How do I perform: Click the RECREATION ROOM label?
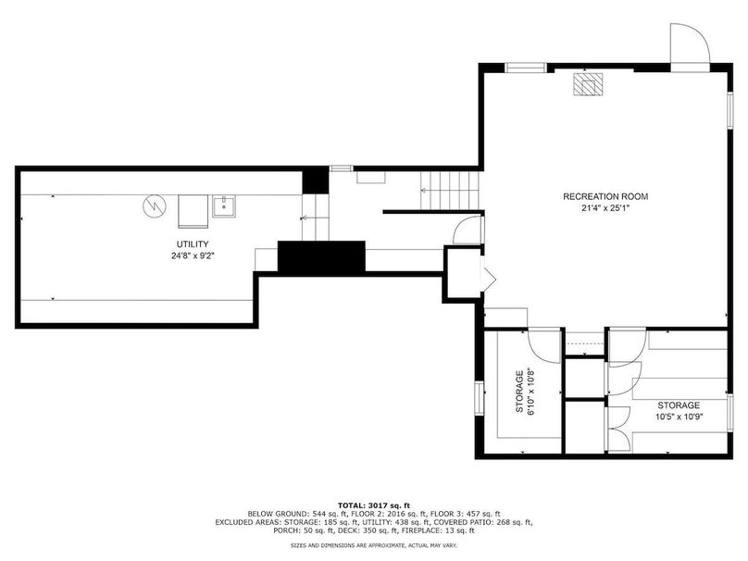coord(605,196)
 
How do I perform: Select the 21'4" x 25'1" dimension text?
coord(605,207)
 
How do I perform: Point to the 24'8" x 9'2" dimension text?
coord(193,256)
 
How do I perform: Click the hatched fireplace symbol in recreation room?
coord(588,85)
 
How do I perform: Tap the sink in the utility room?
coord(224,206)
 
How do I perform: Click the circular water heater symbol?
coord(155,206)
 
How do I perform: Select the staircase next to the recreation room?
coord(449,191)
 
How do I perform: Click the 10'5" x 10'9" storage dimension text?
coord(679,417)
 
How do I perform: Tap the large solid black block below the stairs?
coord(321,256)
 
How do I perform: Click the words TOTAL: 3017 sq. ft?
coord(374,505)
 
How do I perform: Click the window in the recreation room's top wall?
coord(526,68)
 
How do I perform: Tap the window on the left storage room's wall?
coord(480,398)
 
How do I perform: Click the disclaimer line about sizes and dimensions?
coord(374,545)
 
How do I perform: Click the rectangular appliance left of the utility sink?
coord(193,211)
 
